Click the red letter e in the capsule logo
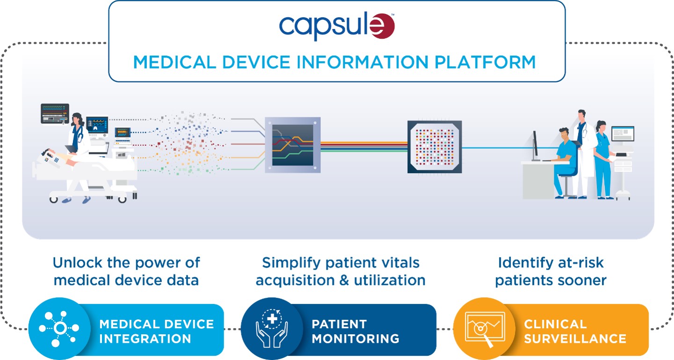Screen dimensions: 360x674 382,27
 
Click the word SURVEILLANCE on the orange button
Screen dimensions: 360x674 575,338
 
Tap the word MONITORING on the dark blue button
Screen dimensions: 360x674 355,338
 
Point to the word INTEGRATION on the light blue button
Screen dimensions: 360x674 145,338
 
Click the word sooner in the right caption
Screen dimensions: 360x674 585,280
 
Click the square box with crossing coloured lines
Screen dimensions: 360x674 293,144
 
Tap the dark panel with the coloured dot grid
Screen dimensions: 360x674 435,147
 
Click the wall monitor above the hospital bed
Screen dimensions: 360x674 55,114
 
